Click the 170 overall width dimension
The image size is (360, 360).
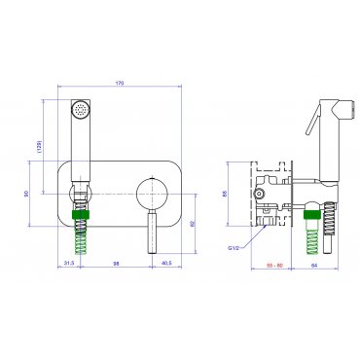[120, 83]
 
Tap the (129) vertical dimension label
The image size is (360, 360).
[39, 147]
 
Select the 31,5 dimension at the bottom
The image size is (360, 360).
[69, 264]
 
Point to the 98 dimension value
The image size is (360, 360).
[116, 264]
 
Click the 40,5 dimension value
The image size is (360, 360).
[166, 264]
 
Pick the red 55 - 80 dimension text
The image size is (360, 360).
[275, 266]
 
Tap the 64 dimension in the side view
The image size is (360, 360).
[314, 266]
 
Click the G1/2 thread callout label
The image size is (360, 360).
[233, 248]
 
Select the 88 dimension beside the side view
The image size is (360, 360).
[225, 194]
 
